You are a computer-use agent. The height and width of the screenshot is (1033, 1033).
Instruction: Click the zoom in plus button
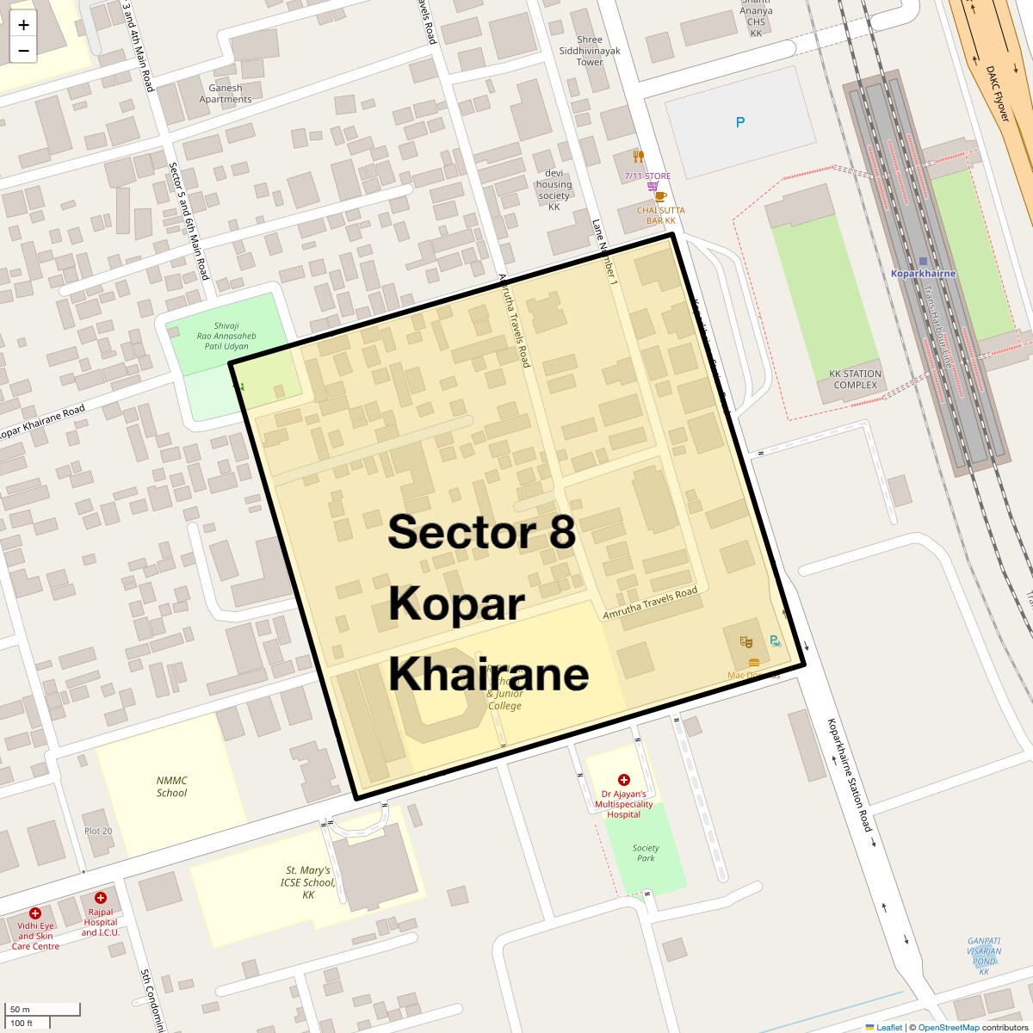pos(23,25)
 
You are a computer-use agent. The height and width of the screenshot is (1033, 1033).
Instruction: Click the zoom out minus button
pos(23,51)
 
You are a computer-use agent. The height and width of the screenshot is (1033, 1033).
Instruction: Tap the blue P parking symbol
pos(739,123)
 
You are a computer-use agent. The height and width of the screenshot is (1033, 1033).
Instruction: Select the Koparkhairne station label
pos(923,273)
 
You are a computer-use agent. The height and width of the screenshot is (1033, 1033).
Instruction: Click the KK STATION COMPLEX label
pos(855,380)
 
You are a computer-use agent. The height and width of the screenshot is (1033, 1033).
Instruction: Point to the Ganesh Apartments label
pos(226,94)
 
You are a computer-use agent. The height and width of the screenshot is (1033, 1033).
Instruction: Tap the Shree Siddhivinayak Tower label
pos(590,51)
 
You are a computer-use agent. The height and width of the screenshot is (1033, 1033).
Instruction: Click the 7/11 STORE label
pos(647,176)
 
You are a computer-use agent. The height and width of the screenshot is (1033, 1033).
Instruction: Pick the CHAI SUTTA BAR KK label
pos(661,215)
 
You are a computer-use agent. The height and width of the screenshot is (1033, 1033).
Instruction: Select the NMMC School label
pos(171,787)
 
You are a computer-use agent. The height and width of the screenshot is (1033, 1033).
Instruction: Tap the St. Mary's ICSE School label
pos(308,882)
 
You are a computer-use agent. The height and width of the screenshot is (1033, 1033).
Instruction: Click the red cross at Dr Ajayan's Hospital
pos(624,780)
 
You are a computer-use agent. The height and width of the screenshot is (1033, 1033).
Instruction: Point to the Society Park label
pos(646,853)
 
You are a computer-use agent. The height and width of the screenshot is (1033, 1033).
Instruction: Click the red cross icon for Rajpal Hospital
pos(101,898)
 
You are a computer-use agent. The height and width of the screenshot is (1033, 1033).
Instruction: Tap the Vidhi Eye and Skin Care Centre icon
pos(35,913)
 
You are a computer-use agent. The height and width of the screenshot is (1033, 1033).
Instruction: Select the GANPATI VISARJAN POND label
pos(984,956)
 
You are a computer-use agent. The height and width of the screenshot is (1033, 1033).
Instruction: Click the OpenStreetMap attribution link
pos(948,1027)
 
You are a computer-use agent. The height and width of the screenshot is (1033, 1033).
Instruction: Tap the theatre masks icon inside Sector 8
pos(746,641)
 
